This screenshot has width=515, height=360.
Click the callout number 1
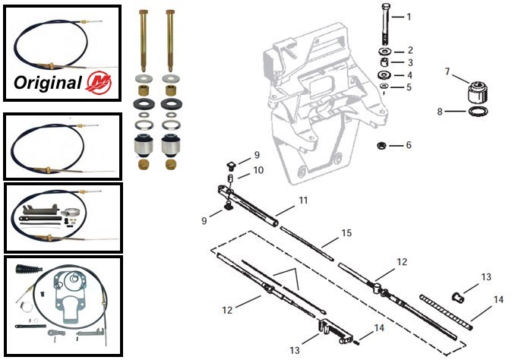click(408, 17)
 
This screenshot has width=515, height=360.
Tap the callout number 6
click(409, 145)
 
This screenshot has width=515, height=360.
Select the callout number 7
click(447, 72)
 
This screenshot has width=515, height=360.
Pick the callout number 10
click(258, 171)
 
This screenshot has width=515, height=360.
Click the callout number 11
click(282, 201)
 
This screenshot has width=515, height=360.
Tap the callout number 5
click(409, 88)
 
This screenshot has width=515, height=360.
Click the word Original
click(48, 82)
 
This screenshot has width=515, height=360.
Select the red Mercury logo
click(97, 82)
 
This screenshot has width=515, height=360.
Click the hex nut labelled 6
click(381, 145)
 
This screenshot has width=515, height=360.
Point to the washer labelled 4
click(384, 75)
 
